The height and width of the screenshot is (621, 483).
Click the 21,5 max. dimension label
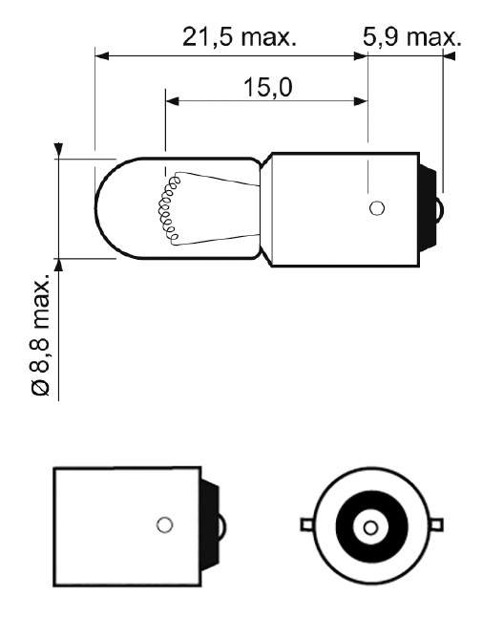(x=240, y=37)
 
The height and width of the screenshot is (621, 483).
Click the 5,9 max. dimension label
(x=411, y=37)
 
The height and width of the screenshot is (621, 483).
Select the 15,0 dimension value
(x=268, y=88)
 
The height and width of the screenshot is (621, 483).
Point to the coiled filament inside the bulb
(x=167, y=209)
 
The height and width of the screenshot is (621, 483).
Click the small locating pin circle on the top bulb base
(x=377, y=208)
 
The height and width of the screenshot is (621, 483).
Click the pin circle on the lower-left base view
(x=164, y=525)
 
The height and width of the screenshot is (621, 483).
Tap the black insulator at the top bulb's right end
(x=428, y=208)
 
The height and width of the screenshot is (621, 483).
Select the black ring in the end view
(x=371, y=526)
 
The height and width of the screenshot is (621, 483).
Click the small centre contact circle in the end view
(x=370, y=527)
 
